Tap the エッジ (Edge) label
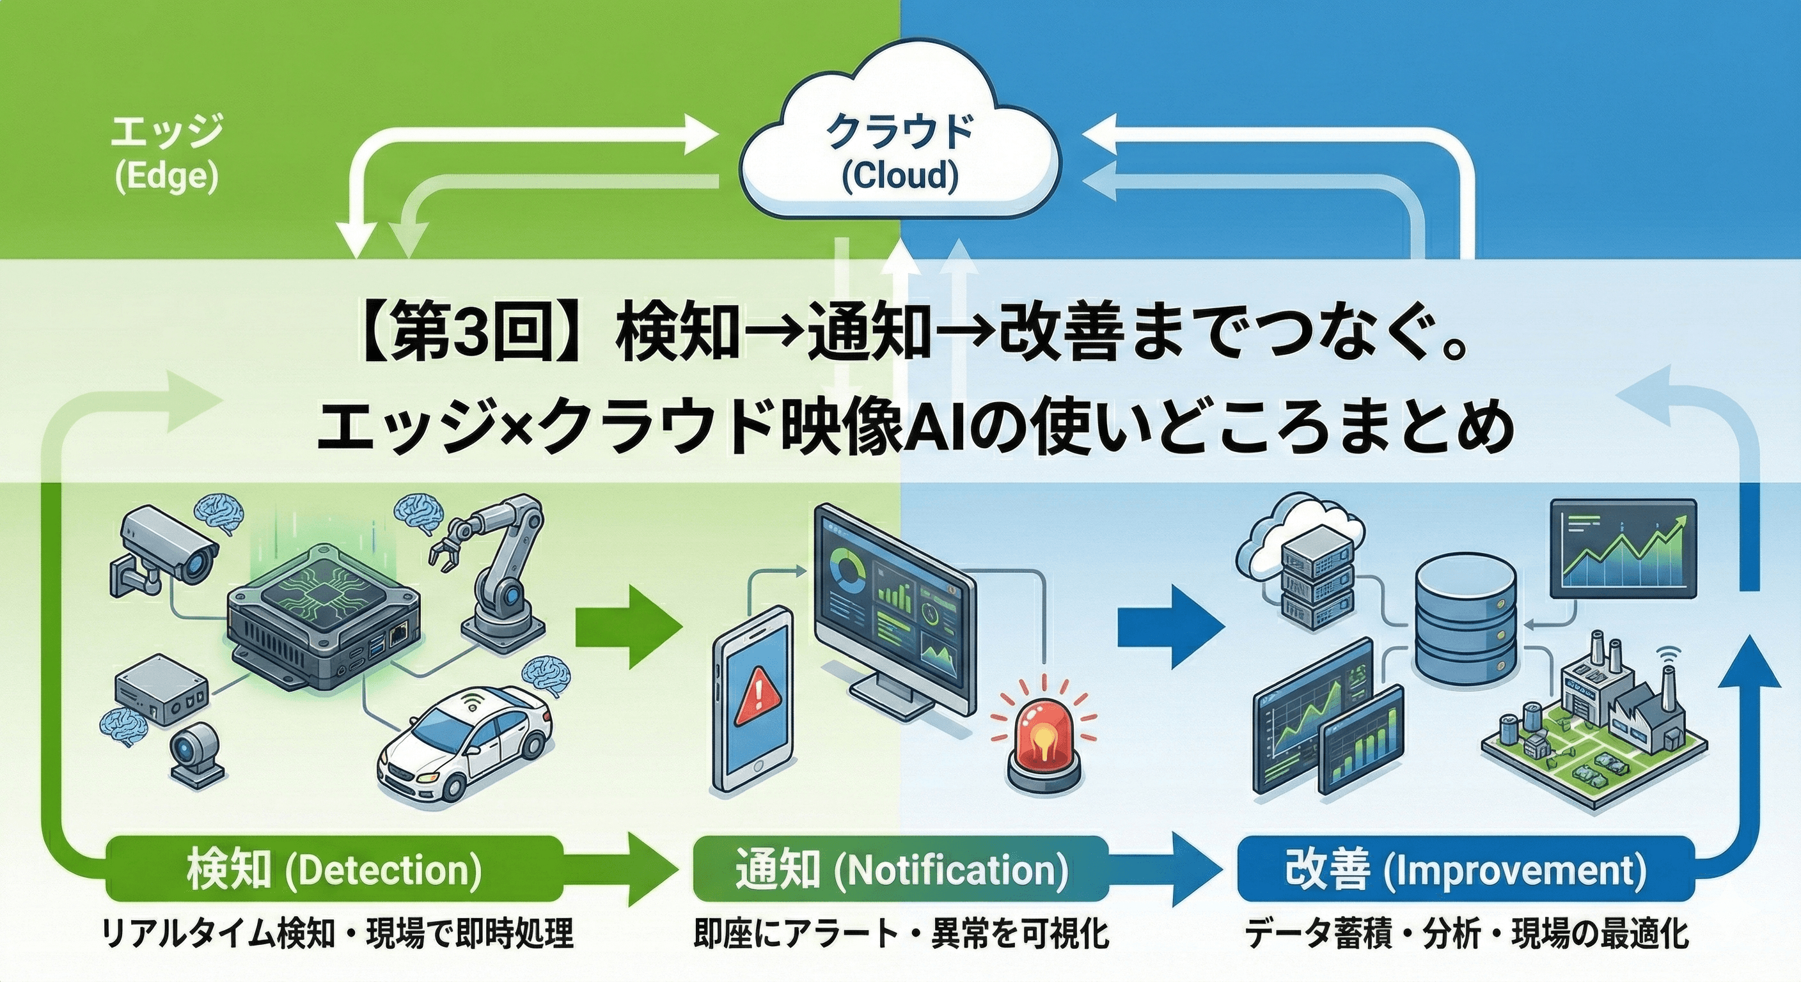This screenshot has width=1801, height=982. (x=166, y=155)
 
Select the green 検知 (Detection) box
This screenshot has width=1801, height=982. (x=334, y=870)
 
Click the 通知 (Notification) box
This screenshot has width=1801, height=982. (x=900, y=870)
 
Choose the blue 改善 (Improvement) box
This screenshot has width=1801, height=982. (x=1465, y=870)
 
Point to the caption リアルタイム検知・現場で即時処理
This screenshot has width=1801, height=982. (x=337, y=935)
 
